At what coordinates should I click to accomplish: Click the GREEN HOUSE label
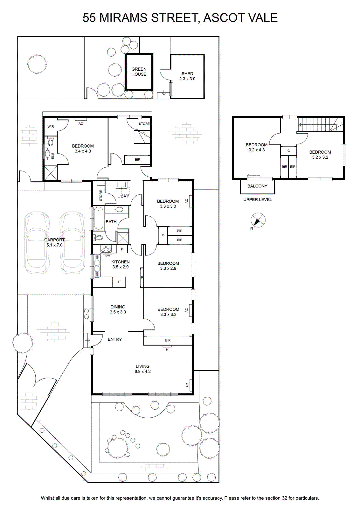(x=139, y=72)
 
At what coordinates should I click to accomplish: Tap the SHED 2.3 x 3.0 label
(x=187, y=76)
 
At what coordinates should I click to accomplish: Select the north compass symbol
(x=258, y=220)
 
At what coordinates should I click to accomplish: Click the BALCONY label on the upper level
(x=257, y=186)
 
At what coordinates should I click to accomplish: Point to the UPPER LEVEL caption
(x=258, y=199)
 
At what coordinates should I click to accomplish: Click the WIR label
(x=51, y=127)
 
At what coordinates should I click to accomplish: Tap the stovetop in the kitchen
(x=106, y=249)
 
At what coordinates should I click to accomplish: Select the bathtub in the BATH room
(x=99, y=218)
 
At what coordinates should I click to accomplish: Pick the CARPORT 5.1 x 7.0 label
(x=54, y=242)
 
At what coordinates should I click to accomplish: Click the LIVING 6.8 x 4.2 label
(x=143, y=369)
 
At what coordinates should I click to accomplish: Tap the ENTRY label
(x=115, y=339)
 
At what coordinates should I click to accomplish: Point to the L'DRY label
(x=123, y=197)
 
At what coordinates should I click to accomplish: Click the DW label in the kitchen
(x=108, y=256)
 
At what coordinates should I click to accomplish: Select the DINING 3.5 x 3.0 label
(x=118, y=309)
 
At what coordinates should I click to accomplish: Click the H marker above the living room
(x=167, y=350)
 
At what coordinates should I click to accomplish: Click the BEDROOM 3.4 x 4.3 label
(x=83, y=148)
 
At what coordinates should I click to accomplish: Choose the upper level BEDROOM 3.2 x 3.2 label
(x=320, y=155)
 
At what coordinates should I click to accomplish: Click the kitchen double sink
(x=97, y=266)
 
